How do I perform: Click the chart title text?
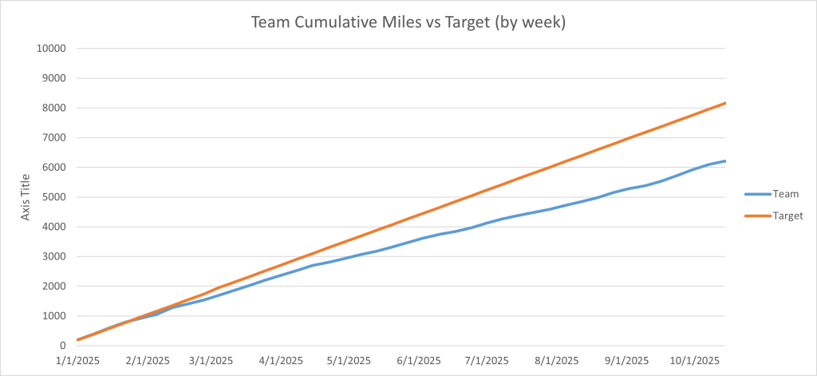click(408, 22)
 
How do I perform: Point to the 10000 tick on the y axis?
click(50, 49)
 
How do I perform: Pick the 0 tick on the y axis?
click(61, 346)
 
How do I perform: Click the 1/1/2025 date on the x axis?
click(77, 360)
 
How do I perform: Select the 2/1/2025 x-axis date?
click(147, 360)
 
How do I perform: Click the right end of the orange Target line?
click(724, 103)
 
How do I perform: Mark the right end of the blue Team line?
click(724, 161)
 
